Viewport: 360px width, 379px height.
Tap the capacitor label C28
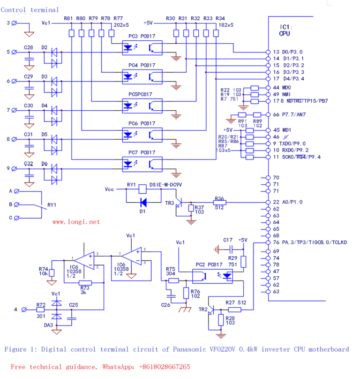pyautogui.click(x=28, y=47)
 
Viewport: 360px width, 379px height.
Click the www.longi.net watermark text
pyautogui.click(x=75, y=221)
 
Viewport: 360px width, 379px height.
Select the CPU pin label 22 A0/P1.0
pyautogui.click(x=288, y=202)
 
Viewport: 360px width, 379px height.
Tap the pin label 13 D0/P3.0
pyautogui.click(x=288, y=52)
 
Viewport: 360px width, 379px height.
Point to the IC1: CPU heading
pyautogui.click(x=285, y=30)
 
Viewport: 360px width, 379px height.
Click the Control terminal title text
pyautogui.click(x=30, y=10)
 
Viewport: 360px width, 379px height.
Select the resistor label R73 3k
pyautogui.click(x=85, y=289)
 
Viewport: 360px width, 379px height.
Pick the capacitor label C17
pyautogui.click(x=228, y=240)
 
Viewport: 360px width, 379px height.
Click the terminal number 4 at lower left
pyautogui.click(x=15, y=310)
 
